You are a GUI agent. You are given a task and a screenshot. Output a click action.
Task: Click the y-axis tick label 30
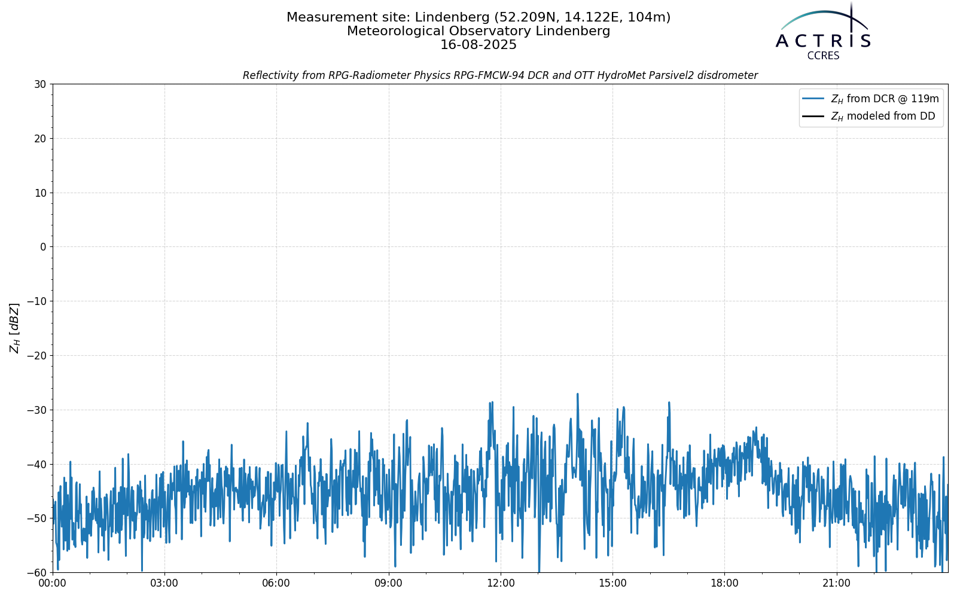(40, 84)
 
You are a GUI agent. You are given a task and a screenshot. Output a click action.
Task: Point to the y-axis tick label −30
(36, 410)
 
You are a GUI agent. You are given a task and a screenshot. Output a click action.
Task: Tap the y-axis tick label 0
(43, 247)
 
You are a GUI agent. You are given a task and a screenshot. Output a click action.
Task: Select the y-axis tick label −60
(36, 573)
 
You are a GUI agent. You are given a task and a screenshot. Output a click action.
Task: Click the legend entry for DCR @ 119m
(885, 99)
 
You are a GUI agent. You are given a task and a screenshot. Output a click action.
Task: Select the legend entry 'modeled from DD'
(883, 116)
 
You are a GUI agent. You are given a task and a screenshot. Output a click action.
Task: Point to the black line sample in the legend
(813, 116)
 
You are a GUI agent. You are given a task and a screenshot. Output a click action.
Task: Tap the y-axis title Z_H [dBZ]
(14, 328)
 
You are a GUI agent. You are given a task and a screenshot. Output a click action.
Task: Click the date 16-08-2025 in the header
(478, 45)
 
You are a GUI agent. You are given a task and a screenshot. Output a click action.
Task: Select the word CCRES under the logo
(823, 56)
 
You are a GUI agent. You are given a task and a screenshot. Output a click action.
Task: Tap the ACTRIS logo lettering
(823, 41)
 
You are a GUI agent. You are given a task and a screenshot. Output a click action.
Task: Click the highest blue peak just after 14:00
(578, 394)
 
